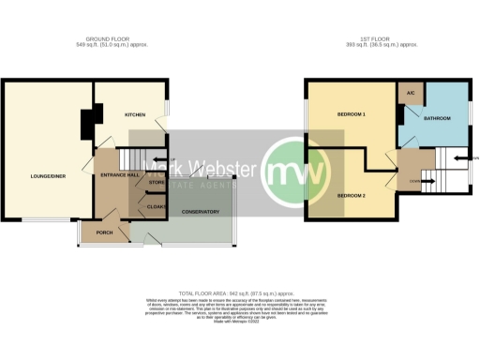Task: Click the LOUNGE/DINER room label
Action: [x=46, y=175]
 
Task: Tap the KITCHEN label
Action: [x=138, y=114]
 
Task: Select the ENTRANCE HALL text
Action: [x=120, y=175]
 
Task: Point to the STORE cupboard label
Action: [x=156, y=182]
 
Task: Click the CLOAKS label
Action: [x=156, y=205]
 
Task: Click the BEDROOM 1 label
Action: [x=351, y=114]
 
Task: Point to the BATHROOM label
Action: [x=437, y=118]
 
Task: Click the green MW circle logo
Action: [x=295, y=172]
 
